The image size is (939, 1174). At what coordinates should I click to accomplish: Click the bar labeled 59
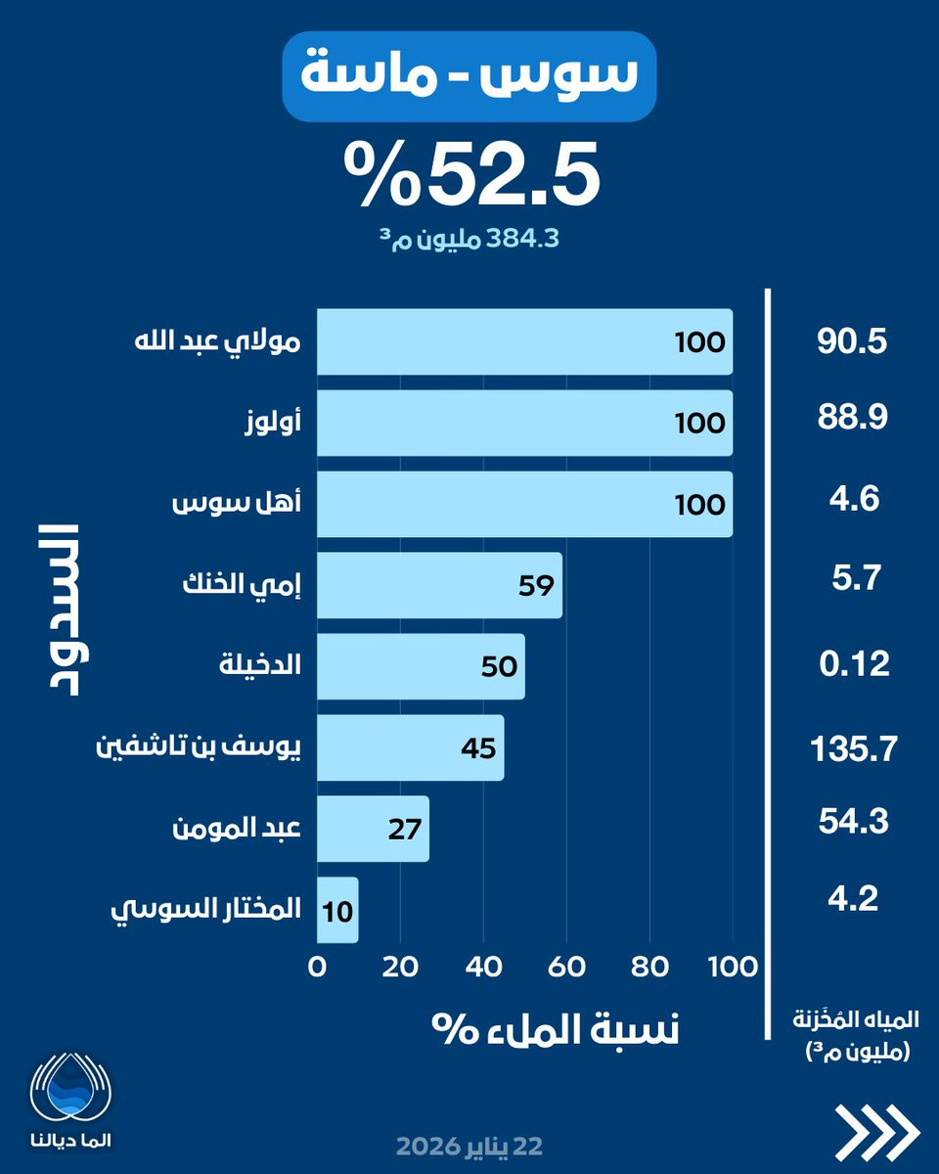click(440, 585)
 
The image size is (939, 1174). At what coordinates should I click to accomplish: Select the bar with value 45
click(411, 747)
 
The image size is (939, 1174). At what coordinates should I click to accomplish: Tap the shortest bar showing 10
click(337, 910)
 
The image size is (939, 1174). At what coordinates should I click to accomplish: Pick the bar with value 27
click(374, 829)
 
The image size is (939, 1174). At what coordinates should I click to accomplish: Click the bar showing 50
click(422, 666)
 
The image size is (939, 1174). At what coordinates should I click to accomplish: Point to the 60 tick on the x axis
click(566, 968)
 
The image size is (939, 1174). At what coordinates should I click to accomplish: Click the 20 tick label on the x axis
click(400, 968)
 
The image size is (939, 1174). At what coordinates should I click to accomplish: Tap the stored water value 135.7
click(854, 748)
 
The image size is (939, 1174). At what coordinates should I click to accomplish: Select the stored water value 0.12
click(854, 664)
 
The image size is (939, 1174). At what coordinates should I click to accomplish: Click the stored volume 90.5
click(852, 342)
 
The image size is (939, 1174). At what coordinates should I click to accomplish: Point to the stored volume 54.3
click(853, 822)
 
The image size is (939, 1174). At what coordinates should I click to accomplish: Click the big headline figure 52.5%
click(472, 174)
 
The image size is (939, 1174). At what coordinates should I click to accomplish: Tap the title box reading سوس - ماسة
click(469, 76)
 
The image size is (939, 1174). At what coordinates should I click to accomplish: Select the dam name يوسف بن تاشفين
click(199, 747)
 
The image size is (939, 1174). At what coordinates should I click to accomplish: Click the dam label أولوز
click(272, 424)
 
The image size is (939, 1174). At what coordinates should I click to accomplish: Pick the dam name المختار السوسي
click(205, 910)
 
